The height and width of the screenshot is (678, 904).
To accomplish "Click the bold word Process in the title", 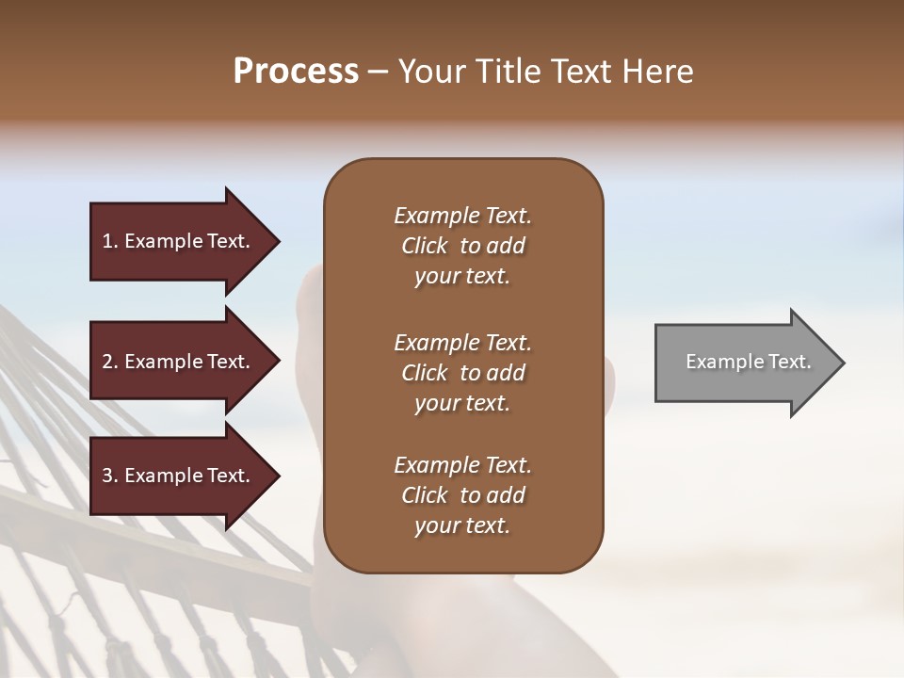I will click(x=296, y=72).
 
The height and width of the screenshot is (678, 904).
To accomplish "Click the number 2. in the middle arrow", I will click(x=110, y=362).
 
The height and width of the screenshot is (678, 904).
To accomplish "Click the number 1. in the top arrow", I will click(x=110, y=241).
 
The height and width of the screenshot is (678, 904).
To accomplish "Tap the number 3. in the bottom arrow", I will click(x=110, y=476).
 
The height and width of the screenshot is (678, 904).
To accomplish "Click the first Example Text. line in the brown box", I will click(x=462, y=216).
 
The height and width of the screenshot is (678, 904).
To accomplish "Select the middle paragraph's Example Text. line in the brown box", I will click(x=462, y=343).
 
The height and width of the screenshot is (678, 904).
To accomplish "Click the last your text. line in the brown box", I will click(x=462, y=526).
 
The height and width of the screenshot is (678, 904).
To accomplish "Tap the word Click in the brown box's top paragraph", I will click(x=425, y=246).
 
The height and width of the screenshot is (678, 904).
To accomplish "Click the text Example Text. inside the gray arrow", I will click(x=749, y=362).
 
